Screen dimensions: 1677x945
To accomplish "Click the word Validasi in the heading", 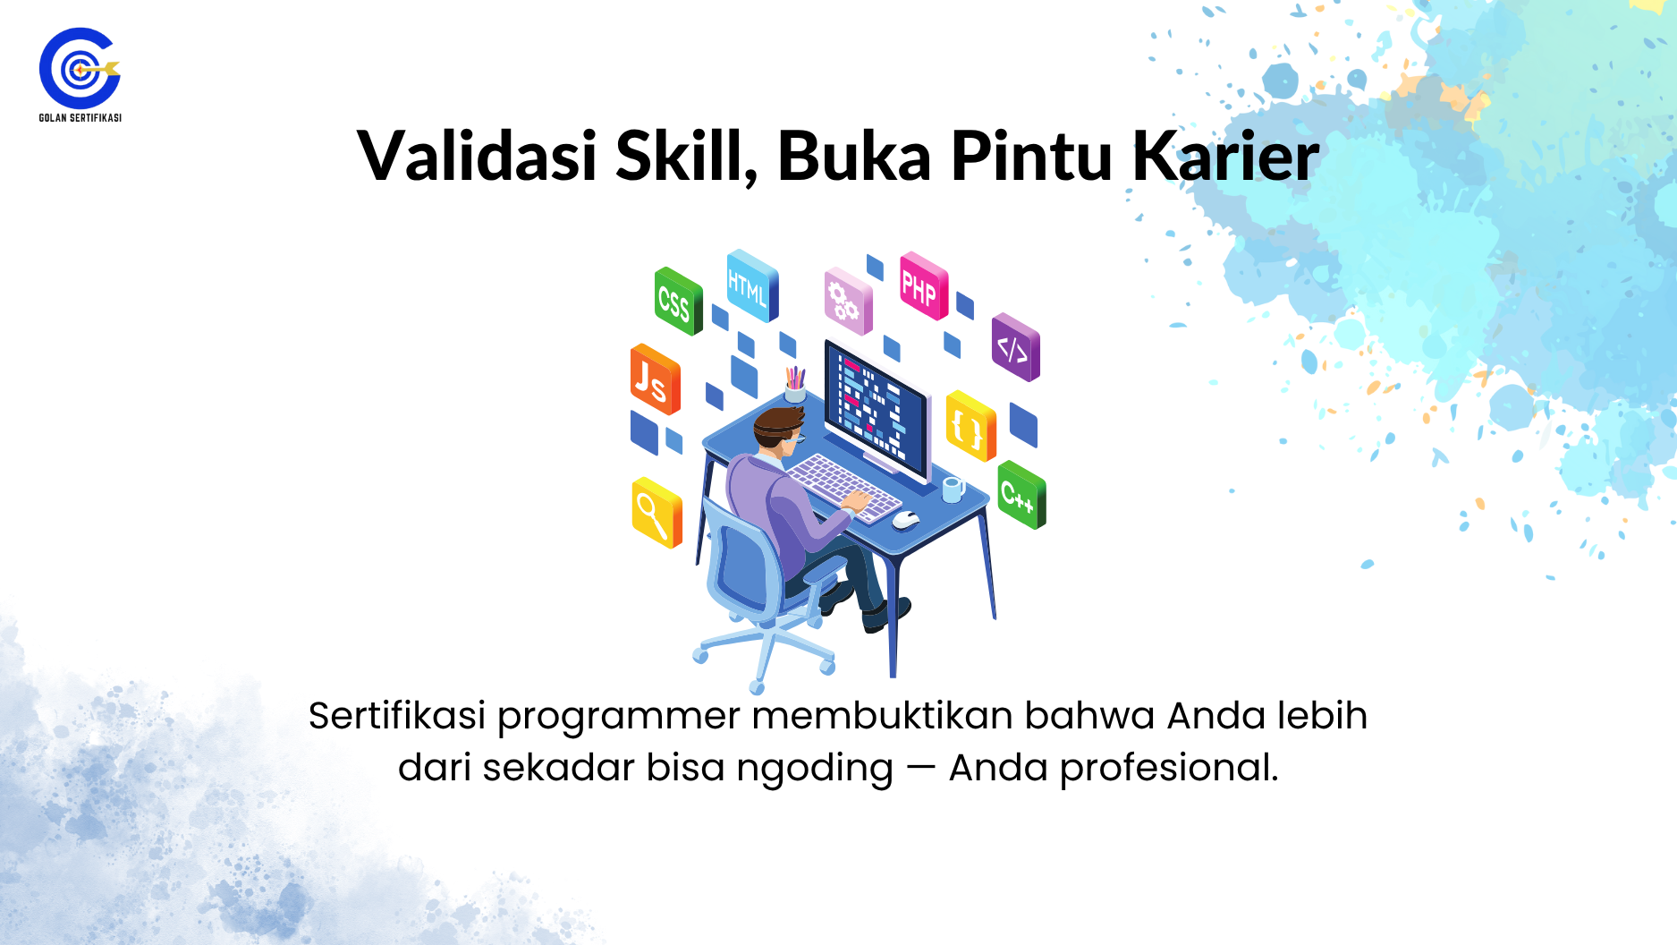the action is point(477,156).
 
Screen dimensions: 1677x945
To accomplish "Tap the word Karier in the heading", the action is point(1225,156).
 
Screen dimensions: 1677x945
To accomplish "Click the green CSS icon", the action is point(678,301).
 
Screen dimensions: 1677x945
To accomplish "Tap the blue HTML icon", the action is point(752,285).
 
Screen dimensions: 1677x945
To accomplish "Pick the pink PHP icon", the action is point(923,285).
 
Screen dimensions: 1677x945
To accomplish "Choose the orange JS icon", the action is point(655,379).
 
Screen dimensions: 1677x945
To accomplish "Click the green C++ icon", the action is point(1021,495).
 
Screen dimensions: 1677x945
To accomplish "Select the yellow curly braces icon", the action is point(970,426).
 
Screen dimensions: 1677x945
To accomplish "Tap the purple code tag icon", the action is point(1015,347).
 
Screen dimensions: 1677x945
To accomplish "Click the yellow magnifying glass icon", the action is point(656,513).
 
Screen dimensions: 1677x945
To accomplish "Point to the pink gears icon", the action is point(848,301).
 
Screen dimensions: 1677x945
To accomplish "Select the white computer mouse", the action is point(905,520).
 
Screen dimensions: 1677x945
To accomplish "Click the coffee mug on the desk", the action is point(953,489).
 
